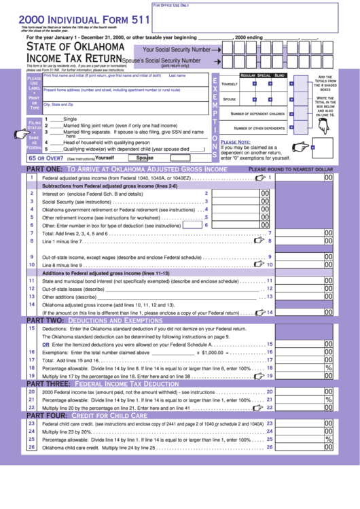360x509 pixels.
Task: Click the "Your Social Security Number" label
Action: coord(176,50)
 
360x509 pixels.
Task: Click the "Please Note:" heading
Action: coord(235,141)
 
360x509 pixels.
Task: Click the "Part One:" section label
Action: coord(45,169)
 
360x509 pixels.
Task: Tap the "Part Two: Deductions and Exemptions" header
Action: coord(94,319)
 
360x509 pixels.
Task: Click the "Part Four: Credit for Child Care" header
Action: coord(86,415)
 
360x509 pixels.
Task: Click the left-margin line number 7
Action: coord(31,233)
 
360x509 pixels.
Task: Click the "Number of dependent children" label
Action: coord(257,113)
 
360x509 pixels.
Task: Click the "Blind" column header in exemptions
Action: coord(279,75)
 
